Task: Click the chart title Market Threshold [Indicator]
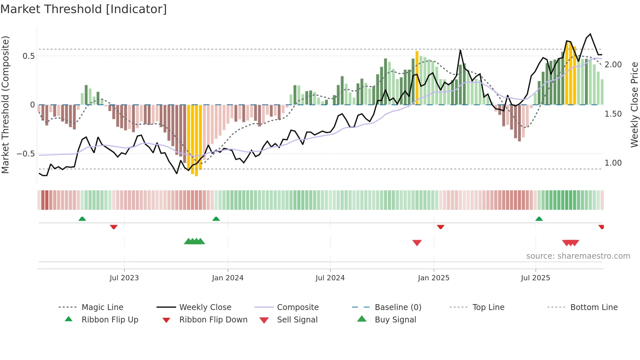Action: click(84, 9)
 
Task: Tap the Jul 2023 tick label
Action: click(124, 278)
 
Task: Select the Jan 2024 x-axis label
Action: click(228, 278)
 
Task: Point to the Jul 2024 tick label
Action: click(330, 278)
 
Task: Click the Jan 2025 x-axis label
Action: click(434, 278)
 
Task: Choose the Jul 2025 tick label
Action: click(536, 278)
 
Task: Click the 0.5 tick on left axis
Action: click(28, 56)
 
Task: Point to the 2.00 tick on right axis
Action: click(613, 65)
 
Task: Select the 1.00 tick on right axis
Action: click(613, 163)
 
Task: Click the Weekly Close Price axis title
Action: click(634, 105)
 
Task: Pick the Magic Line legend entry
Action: click(102, 307)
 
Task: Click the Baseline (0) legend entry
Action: click(398, 307)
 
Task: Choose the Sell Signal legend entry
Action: click(297, 320)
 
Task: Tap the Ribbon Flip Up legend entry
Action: click(110, 320)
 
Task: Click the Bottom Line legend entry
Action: click(594, 307)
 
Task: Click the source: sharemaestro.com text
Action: click(578, 256)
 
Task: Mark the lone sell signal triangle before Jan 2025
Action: click(417, 243)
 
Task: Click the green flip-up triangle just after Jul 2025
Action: click(539, 219)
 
